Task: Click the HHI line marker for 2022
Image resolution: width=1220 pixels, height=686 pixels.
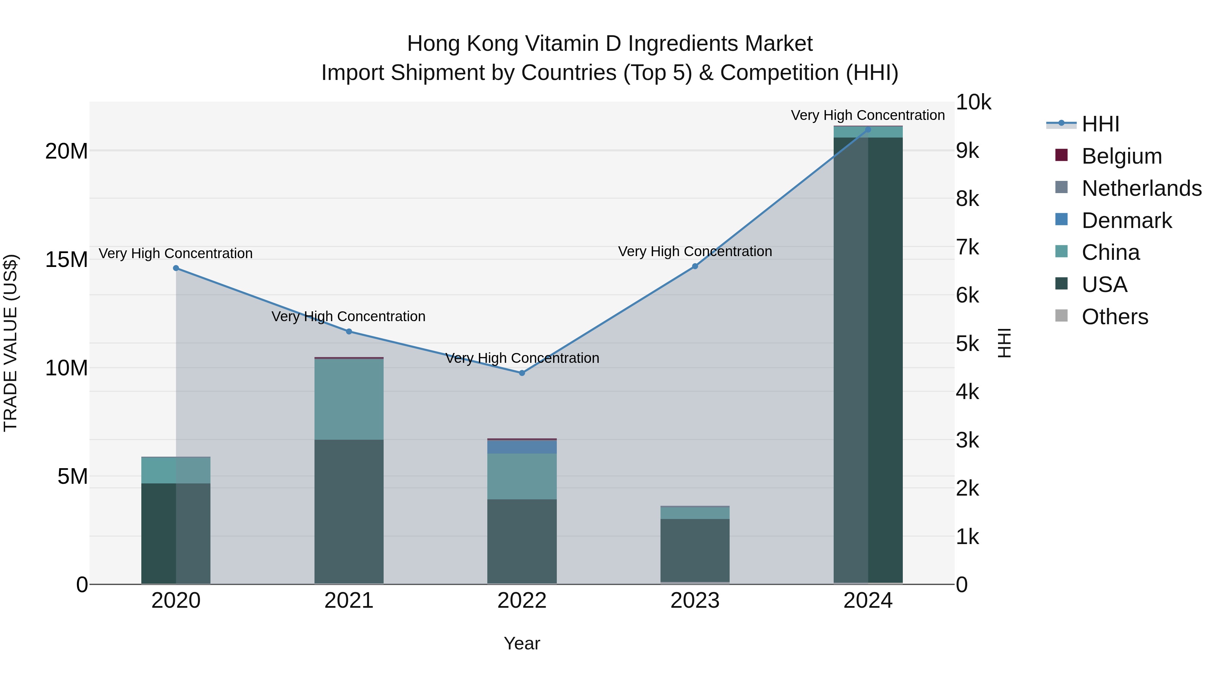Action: pyautogui.click(x=522, y=373)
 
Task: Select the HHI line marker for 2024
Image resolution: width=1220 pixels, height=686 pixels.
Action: pyautogui.click(x=868, y=129)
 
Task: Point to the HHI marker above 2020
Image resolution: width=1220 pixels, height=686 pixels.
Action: pyautogui.click(x=176, y=268)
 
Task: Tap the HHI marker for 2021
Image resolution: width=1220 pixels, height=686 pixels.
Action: pyautogui.click(x=349, y=331)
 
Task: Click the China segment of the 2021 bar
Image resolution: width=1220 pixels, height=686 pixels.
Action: pyautogui.click(x=349, y=399)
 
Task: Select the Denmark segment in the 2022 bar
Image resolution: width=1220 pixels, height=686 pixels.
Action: pyautogui.click(x=522, y=447)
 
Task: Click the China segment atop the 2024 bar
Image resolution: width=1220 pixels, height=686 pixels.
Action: pyautogui.click(x=868, y=132)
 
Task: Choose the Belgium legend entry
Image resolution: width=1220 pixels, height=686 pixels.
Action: pyautogui.click(x=1121, y=156)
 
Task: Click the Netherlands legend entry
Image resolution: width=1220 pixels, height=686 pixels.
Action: pyautogui.click(x=1141, y=188)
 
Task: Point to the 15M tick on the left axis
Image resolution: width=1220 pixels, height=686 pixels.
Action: pyautogui.click(x=66, y=259)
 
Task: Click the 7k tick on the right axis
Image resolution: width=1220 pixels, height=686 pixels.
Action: pyautogui.click(x=967, y=247)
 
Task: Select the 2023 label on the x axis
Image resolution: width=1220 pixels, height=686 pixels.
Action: pyautogui.click(x=695, y=601)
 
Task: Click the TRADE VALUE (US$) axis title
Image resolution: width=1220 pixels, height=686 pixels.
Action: pyautogui.click(x=11, y=343)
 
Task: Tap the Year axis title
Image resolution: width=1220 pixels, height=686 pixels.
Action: pyautogui.click(x=522, y=643)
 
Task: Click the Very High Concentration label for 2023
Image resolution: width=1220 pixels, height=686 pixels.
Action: pyautogui.click(x=695, y=251)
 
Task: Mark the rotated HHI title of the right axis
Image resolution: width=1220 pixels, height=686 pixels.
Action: pyautogui.click(x=1004, y=343)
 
